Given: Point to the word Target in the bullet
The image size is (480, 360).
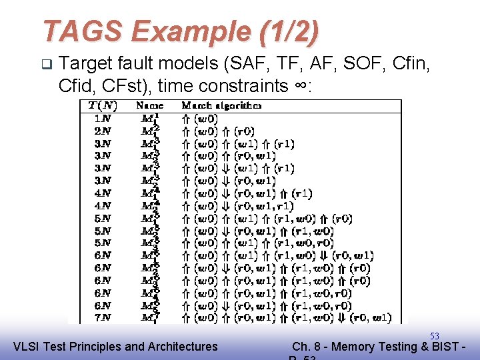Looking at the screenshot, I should click(x=89, y=64).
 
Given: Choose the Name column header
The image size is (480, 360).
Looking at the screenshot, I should click(x=149, y=105).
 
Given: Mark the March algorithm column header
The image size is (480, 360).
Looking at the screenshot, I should click(x=221, y=105).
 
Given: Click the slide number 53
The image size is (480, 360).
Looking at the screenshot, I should click(x=435, y=335).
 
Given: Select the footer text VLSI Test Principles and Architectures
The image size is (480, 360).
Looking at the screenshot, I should click(x=115, y=346).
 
